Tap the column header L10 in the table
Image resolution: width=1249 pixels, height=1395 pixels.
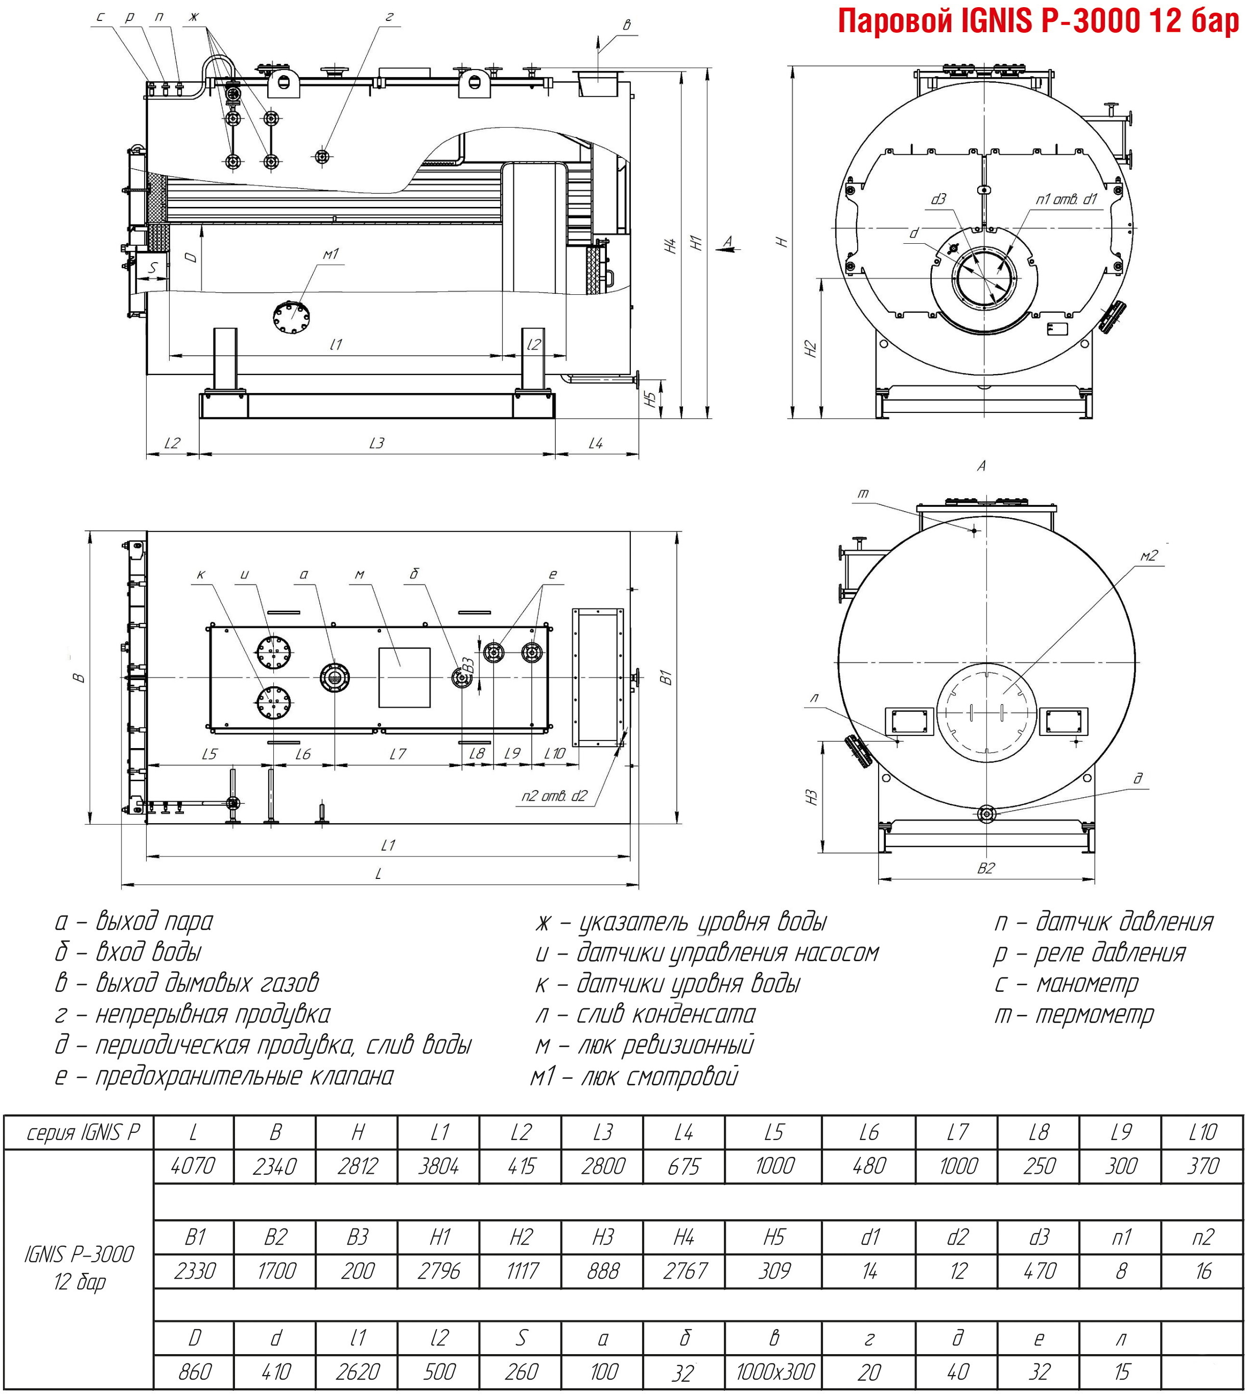[x=1203, y=1133]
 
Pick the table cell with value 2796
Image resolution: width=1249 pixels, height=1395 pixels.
[x=438, y=1271]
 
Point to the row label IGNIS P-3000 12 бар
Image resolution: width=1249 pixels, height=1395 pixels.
[x=79, y=1267]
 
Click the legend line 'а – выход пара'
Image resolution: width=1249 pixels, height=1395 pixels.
[x=134, y=921]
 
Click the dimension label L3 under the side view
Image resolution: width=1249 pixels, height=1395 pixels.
[x=377, y=444]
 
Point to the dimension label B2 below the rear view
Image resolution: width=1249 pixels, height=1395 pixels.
[x=985, y=869]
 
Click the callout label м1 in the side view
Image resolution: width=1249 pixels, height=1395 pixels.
[x=331, y=254]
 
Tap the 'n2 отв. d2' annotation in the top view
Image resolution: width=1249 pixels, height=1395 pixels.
[x=554, y=796]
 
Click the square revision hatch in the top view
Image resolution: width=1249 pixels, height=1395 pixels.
[x=404, y=678]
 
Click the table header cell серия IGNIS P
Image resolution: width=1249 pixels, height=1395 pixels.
[x=79, y=1133]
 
